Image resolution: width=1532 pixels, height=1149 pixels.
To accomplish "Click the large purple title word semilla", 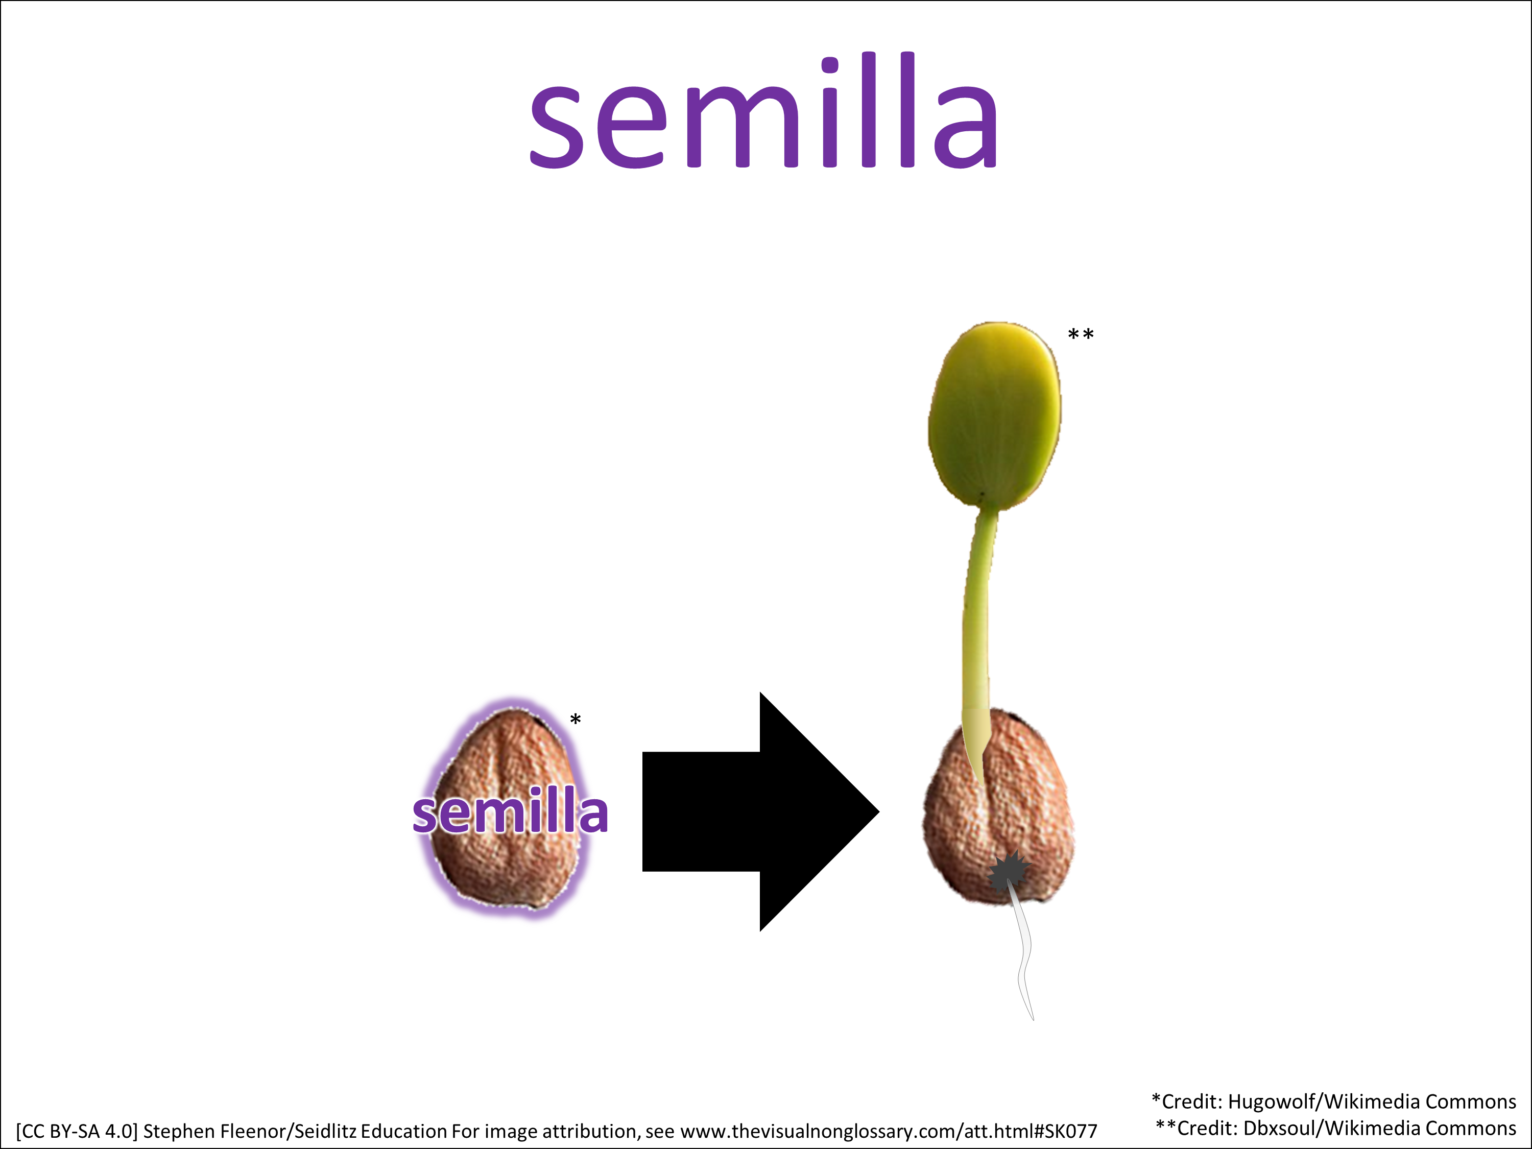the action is (763, 111).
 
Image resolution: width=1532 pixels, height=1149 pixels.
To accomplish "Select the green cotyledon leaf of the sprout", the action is (995, 416).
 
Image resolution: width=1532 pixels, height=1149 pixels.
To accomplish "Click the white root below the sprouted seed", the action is (1021, 956).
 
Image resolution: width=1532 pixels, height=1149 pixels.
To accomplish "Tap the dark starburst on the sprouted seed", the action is (1008, 873).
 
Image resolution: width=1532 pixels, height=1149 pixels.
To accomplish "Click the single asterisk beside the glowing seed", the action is (576, 719).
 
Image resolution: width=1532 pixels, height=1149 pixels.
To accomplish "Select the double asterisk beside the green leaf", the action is (1081, 334).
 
